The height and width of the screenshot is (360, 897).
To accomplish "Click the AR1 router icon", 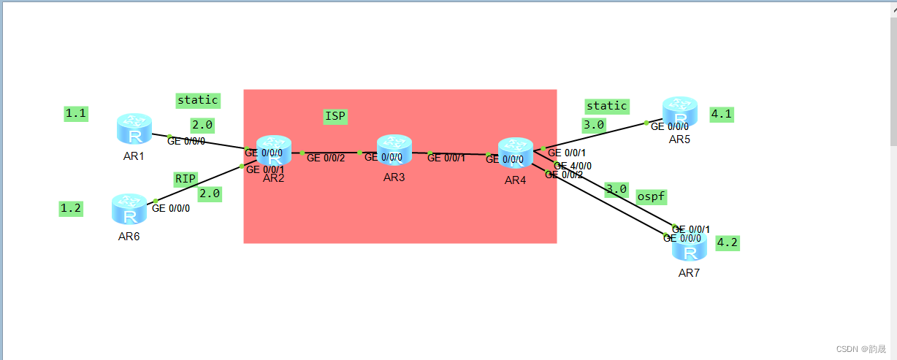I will click(134, 129).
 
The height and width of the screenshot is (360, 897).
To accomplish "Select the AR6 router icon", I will click(129, 209).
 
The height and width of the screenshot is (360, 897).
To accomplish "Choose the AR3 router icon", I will click(394, 150).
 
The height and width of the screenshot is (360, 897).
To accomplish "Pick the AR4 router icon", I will click(515, 153).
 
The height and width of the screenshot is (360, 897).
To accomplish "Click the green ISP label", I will click(335, 116).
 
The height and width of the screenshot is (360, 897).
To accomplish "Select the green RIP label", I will click(186, 178).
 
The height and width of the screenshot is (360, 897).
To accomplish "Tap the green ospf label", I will click(651, 196).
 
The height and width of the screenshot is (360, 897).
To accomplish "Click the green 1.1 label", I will click(76, 113).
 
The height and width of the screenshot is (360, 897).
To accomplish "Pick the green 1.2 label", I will click(71, 208).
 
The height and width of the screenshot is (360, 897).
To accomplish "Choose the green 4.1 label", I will click(722, 114).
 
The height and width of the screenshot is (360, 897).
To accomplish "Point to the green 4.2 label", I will click(728, 242).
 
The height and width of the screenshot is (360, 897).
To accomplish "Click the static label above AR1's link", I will click(197, 99).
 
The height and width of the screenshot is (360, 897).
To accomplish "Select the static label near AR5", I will click(606, 106).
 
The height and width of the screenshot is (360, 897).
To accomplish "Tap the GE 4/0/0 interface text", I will click(573, 166).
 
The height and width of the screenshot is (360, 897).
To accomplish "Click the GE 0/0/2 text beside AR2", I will click(326, 158).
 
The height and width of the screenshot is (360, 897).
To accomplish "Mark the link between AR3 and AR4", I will click(457, 153).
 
